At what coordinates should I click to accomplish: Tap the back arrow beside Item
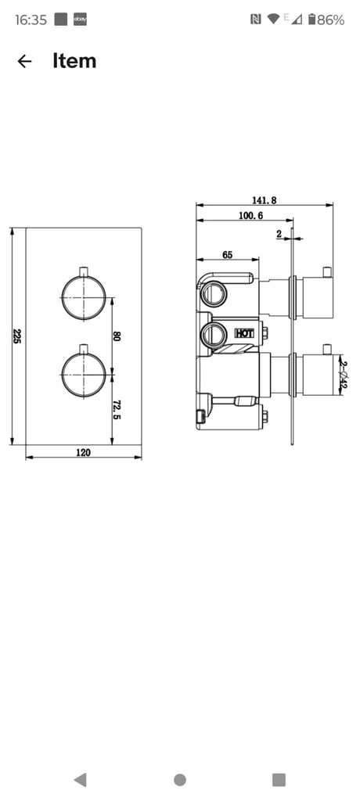pos(24,61)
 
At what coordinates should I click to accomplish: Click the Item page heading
pos(74,61)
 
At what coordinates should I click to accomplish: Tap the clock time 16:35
pos(31,20)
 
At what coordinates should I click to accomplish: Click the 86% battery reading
pos(330,20)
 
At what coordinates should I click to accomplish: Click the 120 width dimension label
pos(84,452)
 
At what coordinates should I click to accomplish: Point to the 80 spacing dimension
pos(117,336)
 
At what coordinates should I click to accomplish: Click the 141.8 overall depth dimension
pos(264,200)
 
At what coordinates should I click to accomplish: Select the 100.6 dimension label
pos(250,216)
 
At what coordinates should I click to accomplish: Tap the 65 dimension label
pos(228,254)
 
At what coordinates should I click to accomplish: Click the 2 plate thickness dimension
pos(279,234)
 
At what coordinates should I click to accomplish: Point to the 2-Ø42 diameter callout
pos(344,375)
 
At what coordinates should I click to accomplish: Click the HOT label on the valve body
pos(244,333)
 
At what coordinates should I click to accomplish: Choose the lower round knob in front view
pos(84,375)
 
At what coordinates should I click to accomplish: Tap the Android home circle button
pos(180,780)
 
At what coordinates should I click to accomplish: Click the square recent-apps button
pos(279,780)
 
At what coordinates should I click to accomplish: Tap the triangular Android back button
pos(81,780)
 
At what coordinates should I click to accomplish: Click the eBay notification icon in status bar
pos(80,20)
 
